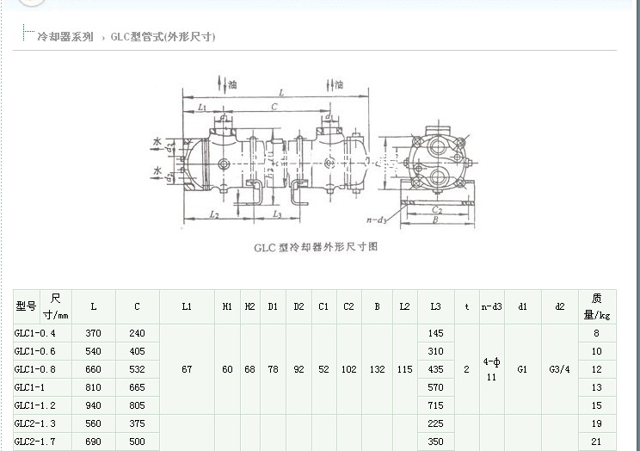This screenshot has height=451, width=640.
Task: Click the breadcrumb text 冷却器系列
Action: coord(65,37)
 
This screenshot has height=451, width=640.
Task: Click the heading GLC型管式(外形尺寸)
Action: coord(163,37)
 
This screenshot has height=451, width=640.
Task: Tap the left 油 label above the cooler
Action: coord(231,84)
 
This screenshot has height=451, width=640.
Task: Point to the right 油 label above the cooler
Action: coord(338,84)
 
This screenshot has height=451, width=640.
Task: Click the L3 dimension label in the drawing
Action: coord(276,213)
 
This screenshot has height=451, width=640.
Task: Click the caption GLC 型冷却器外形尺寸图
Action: coord(316,246)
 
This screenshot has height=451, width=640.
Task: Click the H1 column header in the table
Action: coord(227,306)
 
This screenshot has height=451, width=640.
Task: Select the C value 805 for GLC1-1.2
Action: coord(137,405)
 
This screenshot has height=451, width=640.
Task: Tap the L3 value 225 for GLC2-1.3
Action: coord(435,423)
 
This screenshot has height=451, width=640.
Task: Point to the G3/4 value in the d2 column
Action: coord(559,369)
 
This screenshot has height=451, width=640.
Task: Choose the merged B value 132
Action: coord(377,369)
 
